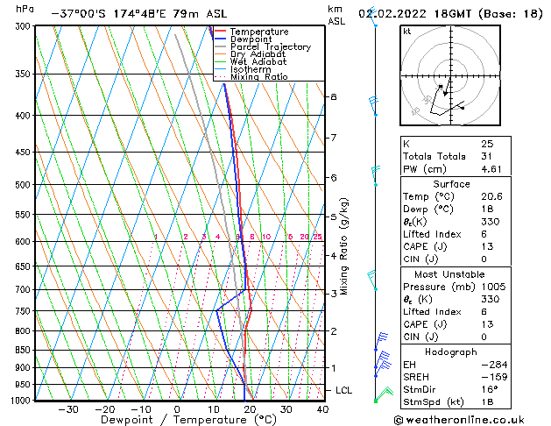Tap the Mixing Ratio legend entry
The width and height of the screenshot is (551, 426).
coord(258,76)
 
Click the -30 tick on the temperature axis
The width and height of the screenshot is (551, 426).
coord(68,409)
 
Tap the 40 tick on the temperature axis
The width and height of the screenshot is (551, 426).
coord(322,409)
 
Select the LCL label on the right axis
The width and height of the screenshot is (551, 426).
coord(345,390)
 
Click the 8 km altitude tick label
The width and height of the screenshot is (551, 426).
coord(333,96)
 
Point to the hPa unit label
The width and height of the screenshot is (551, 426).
coord(26,9)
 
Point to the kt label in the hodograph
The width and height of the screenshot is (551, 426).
coord(406,32)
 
